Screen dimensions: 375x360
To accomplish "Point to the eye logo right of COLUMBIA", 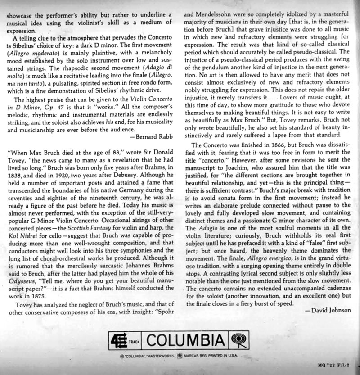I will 238,339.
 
